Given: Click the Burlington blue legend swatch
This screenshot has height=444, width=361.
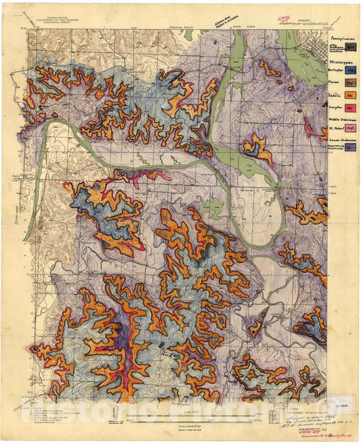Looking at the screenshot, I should coord(351,69).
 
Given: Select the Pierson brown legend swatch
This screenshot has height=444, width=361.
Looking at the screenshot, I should coord(351,83).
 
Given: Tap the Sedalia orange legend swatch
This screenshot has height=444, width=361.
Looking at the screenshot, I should coord(351,96).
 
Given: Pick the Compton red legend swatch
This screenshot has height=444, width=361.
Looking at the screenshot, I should coord(351,108).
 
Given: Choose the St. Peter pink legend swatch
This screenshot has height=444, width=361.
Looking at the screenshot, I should coord(351,127).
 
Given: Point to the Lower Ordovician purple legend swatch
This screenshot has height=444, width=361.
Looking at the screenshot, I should coord(351,147).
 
